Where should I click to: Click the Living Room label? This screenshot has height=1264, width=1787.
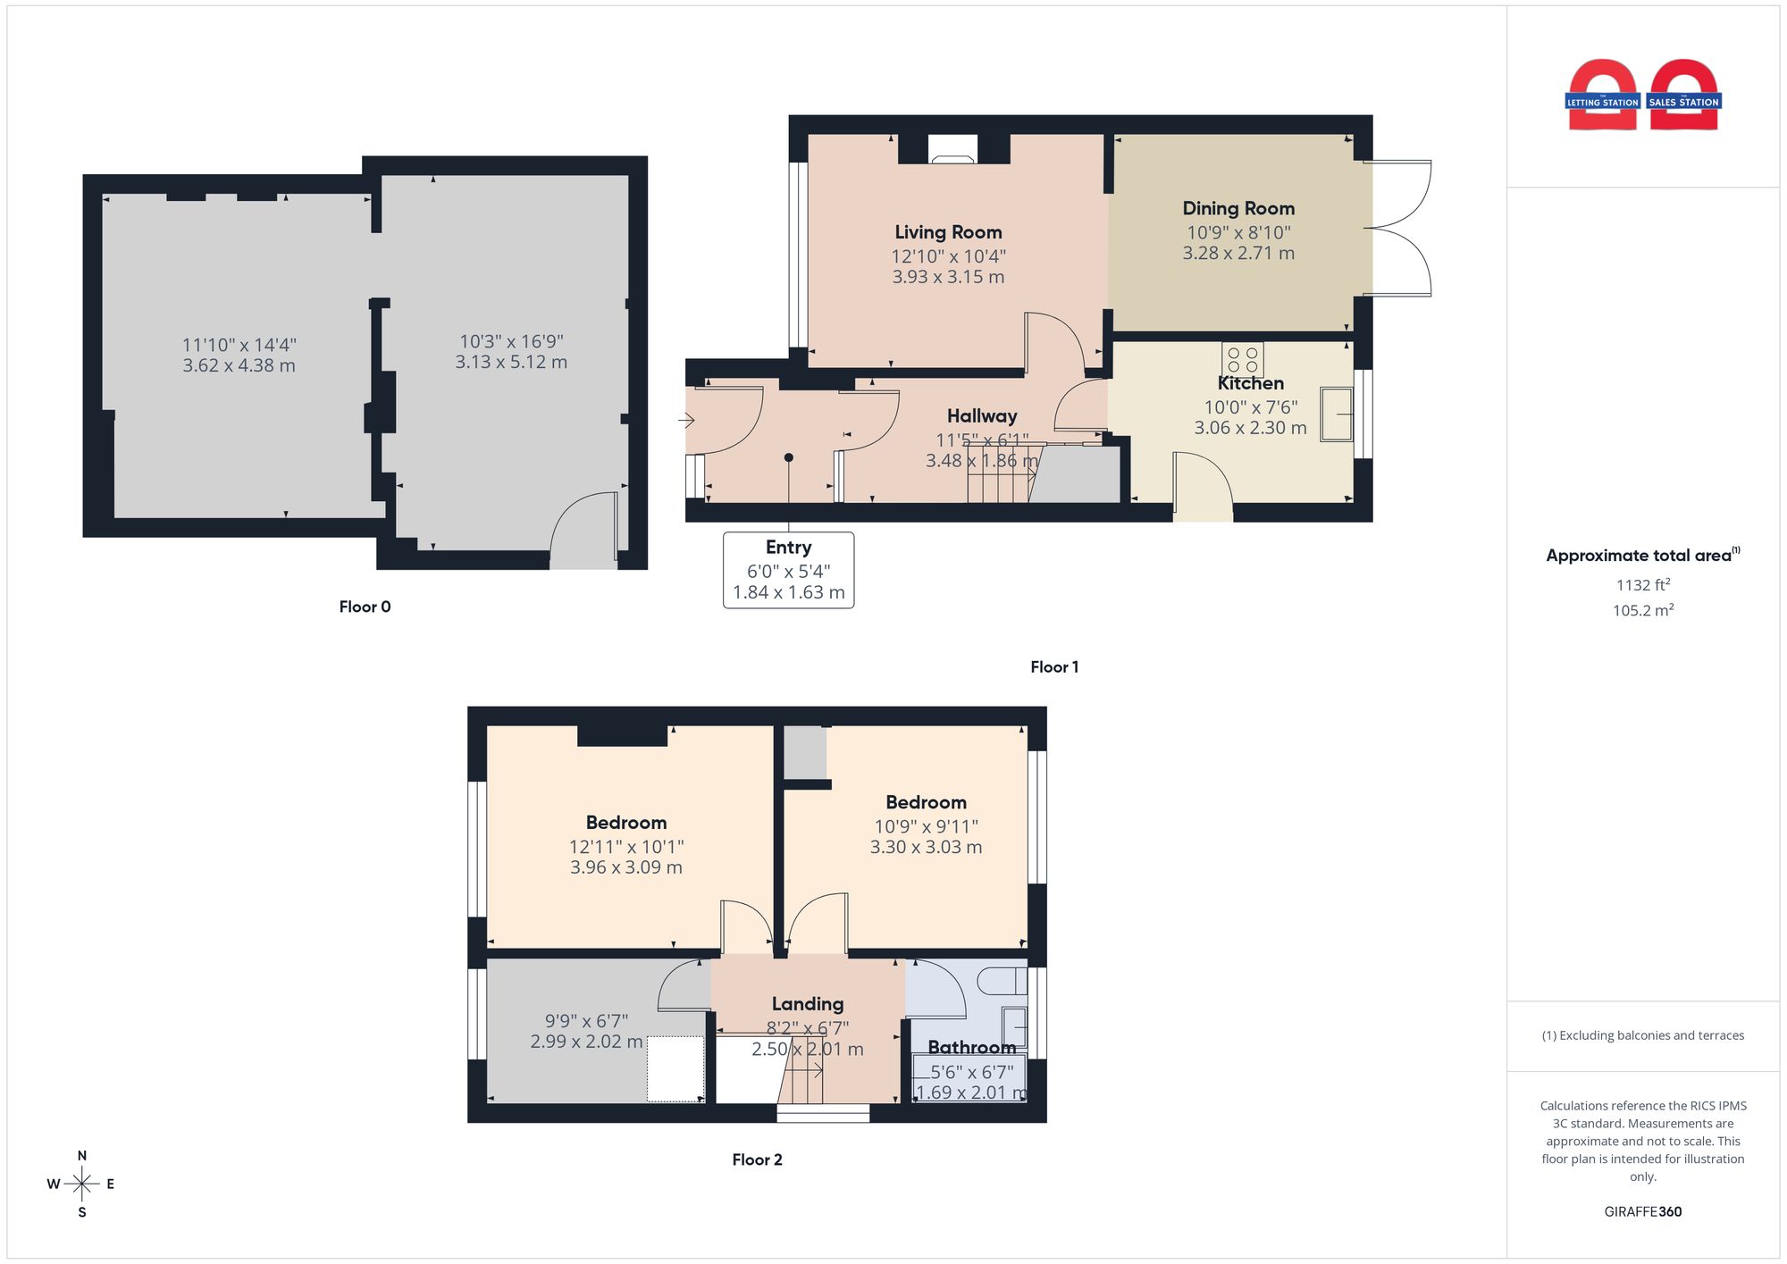pyautogui.click(x=948, y=232)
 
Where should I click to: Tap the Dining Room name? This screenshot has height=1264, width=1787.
pyautogui.click(x=1238, y=208)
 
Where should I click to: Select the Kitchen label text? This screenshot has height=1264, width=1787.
pyautogui.click(x=1250, y=383)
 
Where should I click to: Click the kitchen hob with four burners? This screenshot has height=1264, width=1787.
pyautogui.click(x=1243, y=359)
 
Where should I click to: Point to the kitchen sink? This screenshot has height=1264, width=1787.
pyautogui.click(x=1337, y=414)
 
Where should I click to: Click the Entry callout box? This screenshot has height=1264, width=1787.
pyautogui.click(x=788, y=570)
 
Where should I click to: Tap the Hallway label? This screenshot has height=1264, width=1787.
pyautogui.click(x=982, y=416)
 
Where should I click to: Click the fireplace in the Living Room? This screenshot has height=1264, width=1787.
pyautogui.click(x=952, y=148)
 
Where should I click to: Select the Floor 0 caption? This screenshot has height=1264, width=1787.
pyautogui.click(x=365, y=607)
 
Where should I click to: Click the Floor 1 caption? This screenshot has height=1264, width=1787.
pyautogui.click(x=1054, y=667)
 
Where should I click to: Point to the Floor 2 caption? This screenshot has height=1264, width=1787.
pyautogui.click(x=757, y=1159)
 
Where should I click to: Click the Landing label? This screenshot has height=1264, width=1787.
pyautogui.click(x=808, y=1004)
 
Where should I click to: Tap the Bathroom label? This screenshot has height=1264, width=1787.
pyautogui.click(x=971, y=1047)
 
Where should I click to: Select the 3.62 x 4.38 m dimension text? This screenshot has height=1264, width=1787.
pyautogui.click(x=239, y=365)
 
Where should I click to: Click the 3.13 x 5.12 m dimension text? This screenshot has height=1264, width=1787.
pyautogui.click(x=511, y=362)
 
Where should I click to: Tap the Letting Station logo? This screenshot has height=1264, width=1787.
pyautogui.click(x=1602, y=95)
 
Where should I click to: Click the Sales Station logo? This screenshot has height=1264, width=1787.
pyautogui.click(x=1683, y=95)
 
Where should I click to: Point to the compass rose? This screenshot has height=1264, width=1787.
pyautogui.click(x=81, y=1184)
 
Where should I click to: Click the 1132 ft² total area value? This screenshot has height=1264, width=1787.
pyautogui.click(x=1643, y=585)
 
